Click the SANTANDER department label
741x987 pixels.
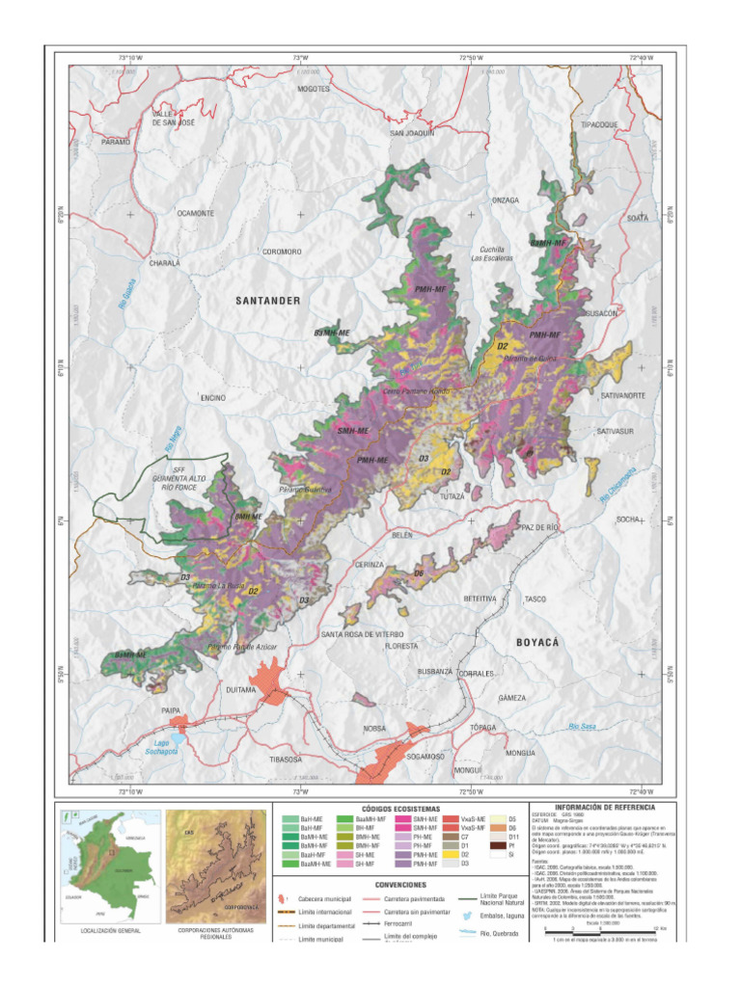point(267,301)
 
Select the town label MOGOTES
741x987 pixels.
point(314,89)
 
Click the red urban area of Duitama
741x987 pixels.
point(266,680)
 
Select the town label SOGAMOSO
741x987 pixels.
point(418,757)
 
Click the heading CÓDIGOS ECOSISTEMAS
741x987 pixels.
point(399,809)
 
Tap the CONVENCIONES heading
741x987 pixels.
point(399,883)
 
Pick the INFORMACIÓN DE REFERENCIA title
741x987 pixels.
point(605,806)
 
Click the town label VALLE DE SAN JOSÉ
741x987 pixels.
point(174,118)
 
